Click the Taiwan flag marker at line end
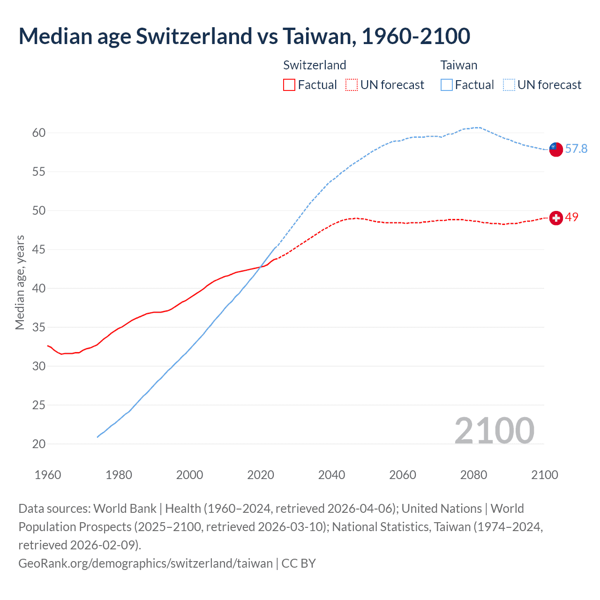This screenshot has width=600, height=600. [x=555, y=149]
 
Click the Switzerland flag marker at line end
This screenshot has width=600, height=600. [x=555, y=218]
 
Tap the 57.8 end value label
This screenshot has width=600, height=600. [x=576, y=149]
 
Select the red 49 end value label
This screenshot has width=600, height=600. [x=571, y=217]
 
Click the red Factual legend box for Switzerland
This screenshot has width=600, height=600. [x=289, y=85]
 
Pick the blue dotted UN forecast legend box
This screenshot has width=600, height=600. [x=509, y=85]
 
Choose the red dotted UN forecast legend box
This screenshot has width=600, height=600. [x=352, y=85]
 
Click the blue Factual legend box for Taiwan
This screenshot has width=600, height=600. [x=447, y=85]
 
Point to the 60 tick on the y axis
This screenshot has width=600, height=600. [x=39, y=133]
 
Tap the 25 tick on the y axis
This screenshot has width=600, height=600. [x=39, y=405]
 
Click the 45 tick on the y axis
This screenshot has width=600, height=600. [x=39, y=250]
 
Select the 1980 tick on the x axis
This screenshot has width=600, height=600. [x=119, y=475]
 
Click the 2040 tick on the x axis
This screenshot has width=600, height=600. [x=331, y=475]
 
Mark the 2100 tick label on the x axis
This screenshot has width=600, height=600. [x=544, y=475]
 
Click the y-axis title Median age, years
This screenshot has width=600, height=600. [x=20, y=283]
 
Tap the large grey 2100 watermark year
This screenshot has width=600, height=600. [x=494, y=431]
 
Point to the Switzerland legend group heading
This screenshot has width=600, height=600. [x=315, y=65]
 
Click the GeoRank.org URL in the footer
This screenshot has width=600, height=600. [x=145, y=563]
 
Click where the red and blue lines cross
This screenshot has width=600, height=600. [x=261, y=267]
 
